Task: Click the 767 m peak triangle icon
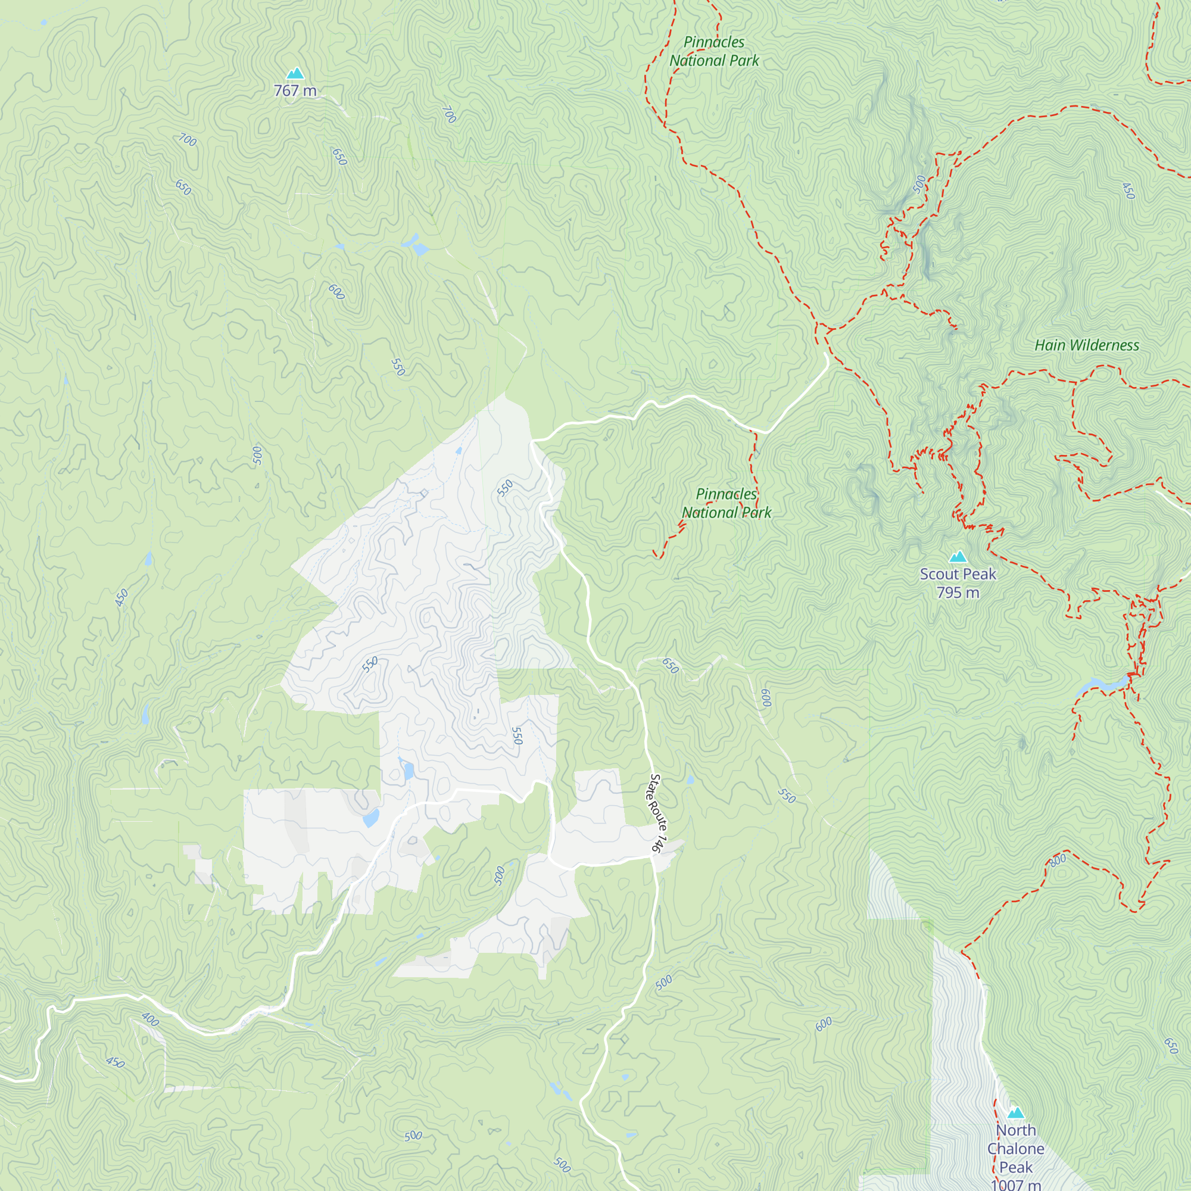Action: point(295,74)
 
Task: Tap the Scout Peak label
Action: point(958,574)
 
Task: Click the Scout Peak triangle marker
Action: point(958,557)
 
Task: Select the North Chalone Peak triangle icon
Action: point(1016,1113)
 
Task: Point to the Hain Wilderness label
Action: point(1086,345)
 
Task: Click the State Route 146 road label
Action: point(656,814)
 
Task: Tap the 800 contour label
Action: point(1057,860)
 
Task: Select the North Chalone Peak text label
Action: point(1016,1149)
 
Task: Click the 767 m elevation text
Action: point(295,91)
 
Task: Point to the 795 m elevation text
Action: point(958,593)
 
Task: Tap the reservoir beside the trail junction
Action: point(1103,684)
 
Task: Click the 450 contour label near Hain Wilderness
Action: point(1127,191)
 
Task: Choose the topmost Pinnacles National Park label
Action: point(714,51)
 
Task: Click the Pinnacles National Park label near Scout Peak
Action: point(726,503)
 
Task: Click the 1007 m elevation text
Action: point(1016,1184)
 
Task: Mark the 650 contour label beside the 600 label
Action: point(669,666)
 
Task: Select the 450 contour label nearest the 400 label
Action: point(116,1062)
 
